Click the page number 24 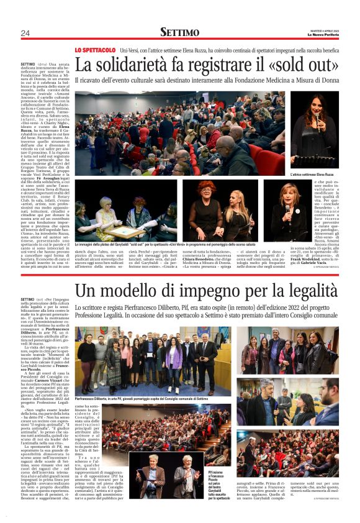pyautogui.click(x=25, y=33)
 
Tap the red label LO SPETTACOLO pyautogui.click(x=94, y=50)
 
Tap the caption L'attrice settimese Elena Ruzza pyautogui.click(x=313, y=175)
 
